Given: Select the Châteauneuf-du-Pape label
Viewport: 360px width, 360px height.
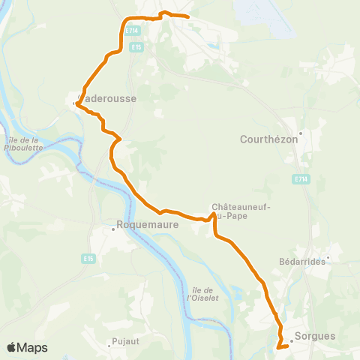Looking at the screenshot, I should [241, 211].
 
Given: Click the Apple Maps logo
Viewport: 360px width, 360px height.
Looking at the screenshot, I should [27, 347].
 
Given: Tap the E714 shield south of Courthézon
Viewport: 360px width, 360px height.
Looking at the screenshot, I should [301, 179].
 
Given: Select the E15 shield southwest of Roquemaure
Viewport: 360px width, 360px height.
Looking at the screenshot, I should [88, 258].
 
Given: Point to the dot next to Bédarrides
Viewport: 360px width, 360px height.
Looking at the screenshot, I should [327, 262].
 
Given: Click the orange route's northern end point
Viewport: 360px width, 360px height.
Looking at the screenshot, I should [187, 16].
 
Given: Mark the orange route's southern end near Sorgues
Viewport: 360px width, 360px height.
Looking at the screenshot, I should [278, 346].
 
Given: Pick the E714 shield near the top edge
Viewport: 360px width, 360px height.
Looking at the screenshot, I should [133, 31].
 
